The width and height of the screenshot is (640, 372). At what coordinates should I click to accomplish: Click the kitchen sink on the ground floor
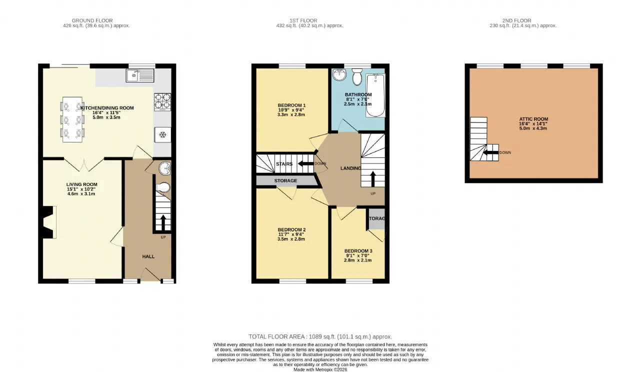pos(140,75)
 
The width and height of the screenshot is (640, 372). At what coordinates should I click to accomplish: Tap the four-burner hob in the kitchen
pos(162,102)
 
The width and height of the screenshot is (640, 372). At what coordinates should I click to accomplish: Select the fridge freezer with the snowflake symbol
pos(162,134)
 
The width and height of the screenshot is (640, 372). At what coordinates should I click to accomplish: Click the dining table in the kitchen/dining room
pos(72,119)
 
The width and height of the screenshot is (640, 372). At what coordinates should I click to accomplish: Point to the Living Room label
pos(81,184)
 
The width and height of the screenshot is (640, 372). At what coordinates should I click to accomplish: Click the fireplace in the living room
pos(48,222)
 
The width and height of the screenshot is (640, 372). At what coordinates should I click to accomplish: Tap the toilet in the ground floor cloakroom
pos(163,187)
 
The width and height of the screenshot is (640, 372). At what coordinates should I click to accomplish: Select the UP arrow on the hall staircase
pos(163,222)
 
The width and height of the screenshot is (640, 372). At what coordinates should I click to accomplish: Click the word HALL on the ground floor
pos(148,256)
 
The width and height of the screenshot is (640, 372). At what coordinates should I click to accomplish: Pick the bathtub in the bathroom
pos(375,95)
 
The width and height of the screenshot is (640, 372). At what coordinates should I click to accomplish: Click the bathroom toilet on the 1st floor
pos(357,76)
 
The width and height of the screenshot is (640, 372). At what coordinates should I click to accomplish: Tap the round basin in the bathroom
pos(339,74)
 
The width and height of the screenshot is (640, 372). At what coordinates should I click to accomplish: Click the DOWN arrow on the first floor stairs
pos(305,163)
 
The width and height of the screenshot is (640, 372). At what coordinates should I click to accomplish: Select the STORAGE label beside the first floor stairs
pos(285,180)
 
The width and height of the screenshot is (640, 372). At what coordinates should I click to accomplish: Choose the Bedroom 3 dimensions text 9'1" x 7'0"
pos(357,255)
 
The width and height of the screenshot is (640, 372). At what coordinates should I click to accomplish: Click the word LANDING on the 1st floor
pos(351,168)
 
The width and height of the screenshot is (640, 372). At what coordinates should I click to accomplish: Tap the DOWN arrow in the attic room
pos(490,152)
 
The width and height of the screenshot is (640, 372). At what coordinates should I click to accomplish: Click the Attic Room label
pos(533,119)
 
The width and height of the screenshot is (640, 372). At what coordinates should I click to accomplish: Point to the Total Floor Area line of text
pos(320,337)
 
